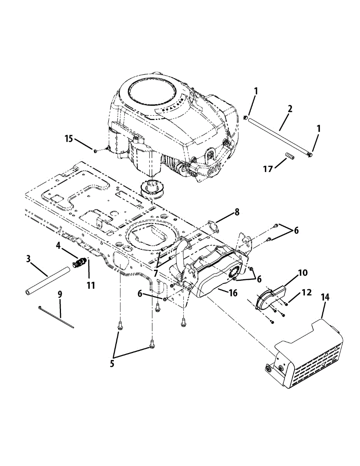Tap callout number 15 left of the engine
point(69,139)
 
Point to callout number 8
point(237,212)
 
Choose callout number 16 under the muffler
point(233,293)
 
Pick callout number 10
point(303,273)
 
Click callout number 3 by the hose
point(28,258)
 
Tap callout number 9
point(60,294)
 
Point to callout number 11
point(90,285)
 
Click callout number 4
point(58,246)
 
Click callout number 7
point(155,273)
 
